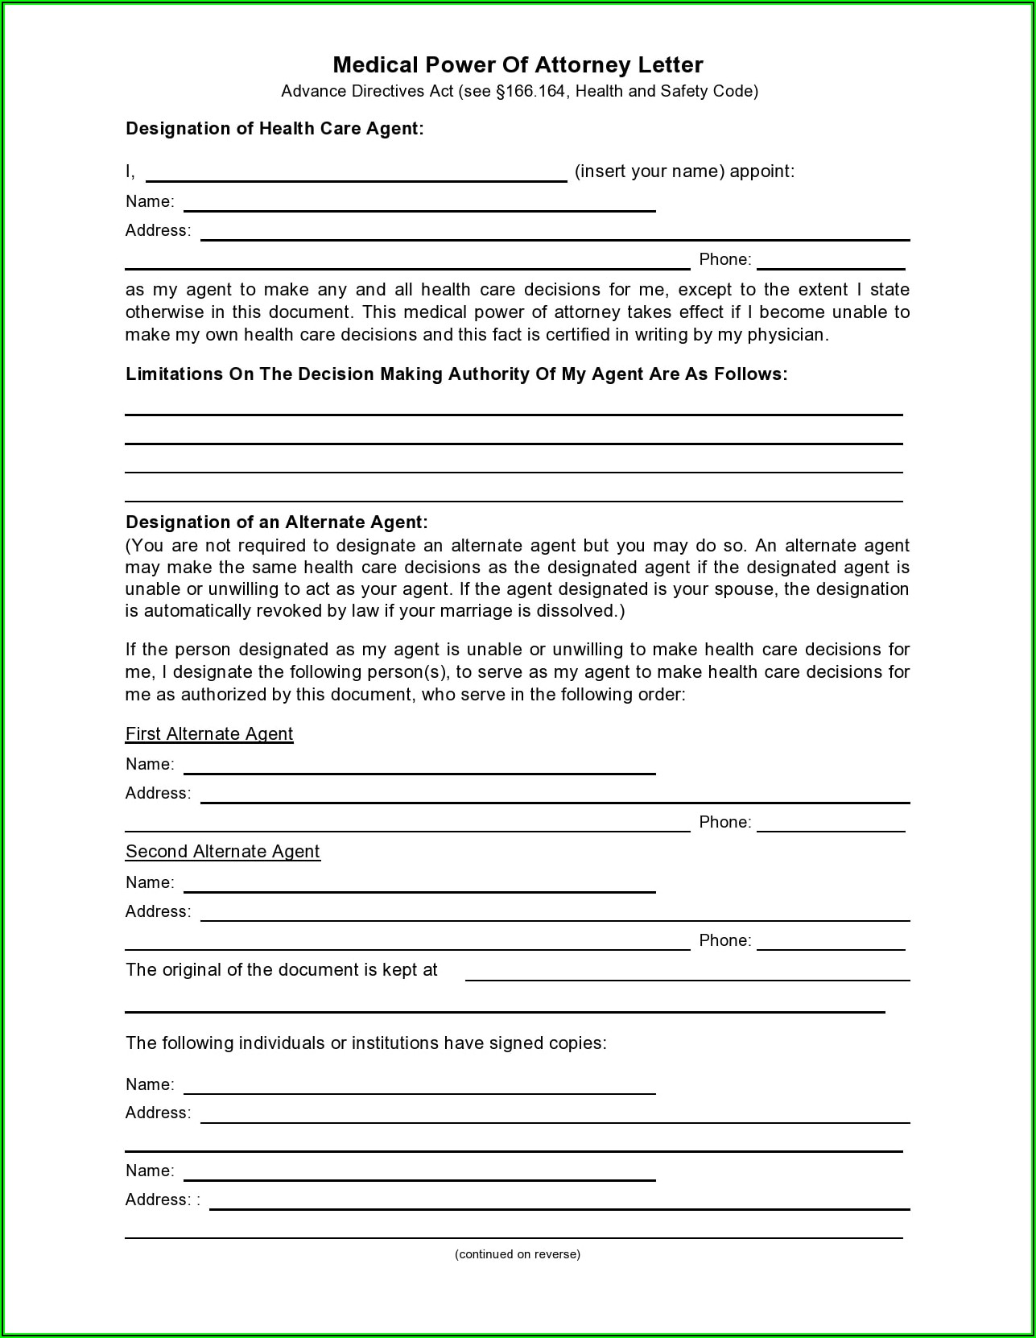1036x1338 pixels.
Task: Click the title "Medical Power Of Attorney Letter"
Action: (518, 65)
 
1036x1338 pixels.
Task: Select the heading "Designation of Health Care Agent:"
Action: (274, 129)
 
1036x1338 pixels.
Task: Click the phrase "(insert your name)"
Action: (650, 171)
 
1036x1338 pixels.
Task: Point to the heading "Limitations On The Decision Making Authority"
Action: (456, 374)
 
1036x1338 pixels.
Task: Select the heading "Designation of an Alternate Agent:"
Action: (276, 522)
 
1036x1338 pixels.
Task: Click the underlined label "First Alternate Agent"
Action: (209, 734)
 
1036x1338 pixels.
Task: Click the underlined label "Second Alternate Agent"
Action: (222, 852)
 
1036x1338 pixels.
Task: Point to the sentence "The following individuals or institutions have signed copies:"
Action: (365, 1043)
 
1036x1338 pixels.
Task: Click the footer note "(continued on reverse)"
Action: (517, 1254)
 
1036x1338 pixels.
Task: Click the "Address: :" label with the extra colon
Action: (163, 1200)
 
